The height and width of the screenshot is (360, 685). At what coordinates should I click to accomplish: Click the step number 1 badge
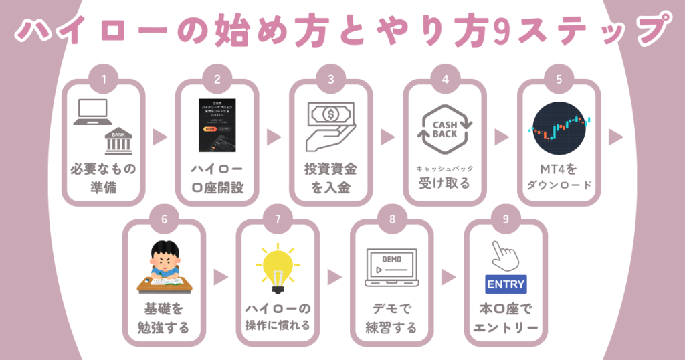103,80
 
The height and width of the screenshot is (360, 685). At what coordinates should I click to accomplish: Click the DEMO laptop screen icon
391,267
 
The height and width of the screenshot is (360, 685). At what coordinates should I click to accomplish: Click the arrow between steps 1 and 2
160,137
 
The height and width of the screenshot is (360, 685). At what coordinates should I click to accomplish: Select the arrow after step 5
615,137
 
